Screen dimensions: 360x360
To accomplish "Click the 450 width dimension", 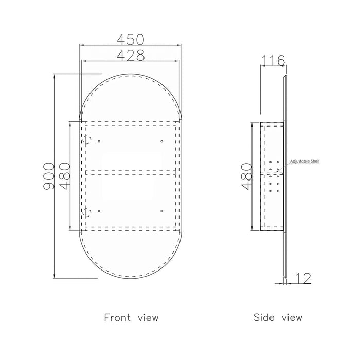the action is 131,40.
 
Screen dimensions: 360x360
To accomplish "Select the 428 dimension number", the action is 131,56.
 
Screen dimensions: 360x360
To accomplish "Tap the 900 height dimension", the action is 49,176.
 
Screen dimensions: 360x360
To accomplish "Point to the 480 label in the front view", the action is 64,176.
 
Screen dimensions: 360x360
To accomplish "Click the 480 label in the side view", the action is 247,176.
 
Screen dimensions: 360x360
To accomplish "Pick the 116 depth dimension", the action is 273,61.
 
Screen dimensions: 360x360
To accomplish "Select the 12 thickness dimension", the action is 303,278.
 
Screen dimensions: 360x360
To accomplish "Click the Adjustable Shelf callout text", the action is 304,161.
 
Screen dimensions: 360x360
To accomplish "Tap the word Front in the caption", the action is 117,317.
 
